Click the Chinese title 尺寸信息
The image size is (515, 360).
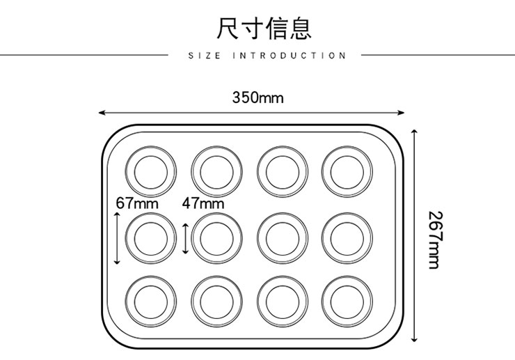[x=264, y=27]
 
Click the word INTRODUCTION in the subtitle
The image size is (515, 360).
[x=289, y=56]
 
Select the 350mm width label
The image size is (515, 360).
[x=257, y=97]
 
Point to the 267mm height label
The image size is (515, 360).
[x=434, y=240]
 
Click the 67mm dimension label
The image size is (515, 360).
[x=137, y=204]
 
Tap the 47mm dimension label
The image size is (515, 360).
[x=203, y=204]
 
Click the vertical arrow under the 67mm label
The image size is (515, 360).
[x=117, y=238]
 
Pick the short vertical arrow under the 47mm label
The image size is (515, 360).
[x=185, y=238]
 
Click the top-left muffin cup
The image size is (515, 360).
[x=151, y=170]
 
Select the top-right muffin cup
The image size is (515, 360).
[x=346, y=170]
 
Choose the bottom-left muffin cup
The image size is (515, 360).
[x=151, y=301]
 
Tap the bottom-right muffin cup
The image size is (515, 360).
[x=346, y=301]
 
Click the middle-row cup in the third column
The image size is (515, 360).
[x=282, y=237]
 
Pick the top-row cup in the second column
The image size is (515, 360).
[x=216, y=170]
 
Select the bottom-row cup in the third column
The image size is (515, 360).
[x=282, y=301]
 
